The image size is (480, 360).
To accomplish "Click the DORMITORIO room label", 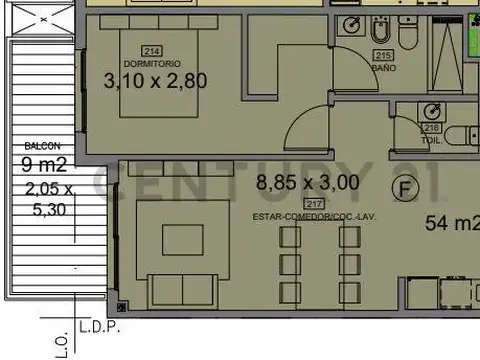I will [153, 63].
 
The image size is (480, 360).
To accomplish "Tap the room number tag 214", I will [153, 51].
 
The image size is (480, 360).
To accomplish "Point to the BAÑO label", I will [383, 69].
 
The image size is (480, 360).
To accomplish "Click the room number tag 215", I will [383, 56].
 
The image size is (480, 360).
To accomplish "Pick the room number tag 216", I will [431, 128].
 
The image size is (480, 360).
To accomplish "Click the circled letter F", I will [404, 187].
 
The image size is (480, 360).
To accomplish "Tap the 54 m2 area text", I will [452, 222].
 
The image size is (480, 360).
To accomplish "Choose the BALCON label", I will [36, 145].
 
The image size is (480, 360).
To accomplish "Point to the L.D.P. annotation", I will [98, 327].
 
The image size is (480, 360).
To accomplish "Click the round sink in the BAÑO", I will [351, 25].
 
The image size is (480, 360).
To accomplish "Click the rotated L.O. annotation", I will [62, 343].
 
